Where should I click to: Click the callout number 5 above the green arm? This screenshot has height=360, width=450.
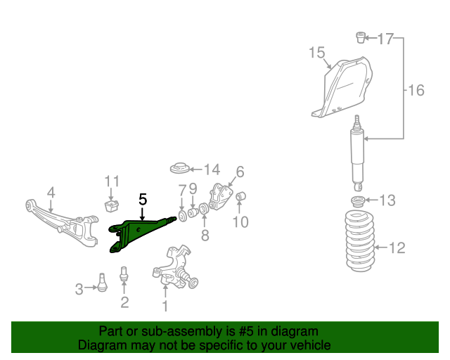pos(143,200)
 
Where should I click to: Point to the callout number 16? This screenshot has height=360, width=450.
pos(416,90)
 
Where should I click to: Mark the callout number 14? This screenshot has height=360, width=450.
pos(212,169)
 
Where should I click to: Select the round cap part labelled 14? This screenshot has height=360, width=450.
pos(181,169)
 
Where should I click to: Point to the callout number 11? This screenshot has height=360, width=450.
pos(112,182)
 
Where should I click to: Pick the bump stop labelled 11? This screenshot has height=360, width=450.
pos(110,205)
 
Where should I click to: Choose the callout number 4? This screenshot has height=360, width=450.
pos(51,192)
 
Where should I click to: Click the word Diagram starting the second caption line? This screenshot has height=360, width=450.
pos(100,345)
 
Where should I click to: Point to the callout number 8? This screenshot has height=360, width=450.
pos(205,236)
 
